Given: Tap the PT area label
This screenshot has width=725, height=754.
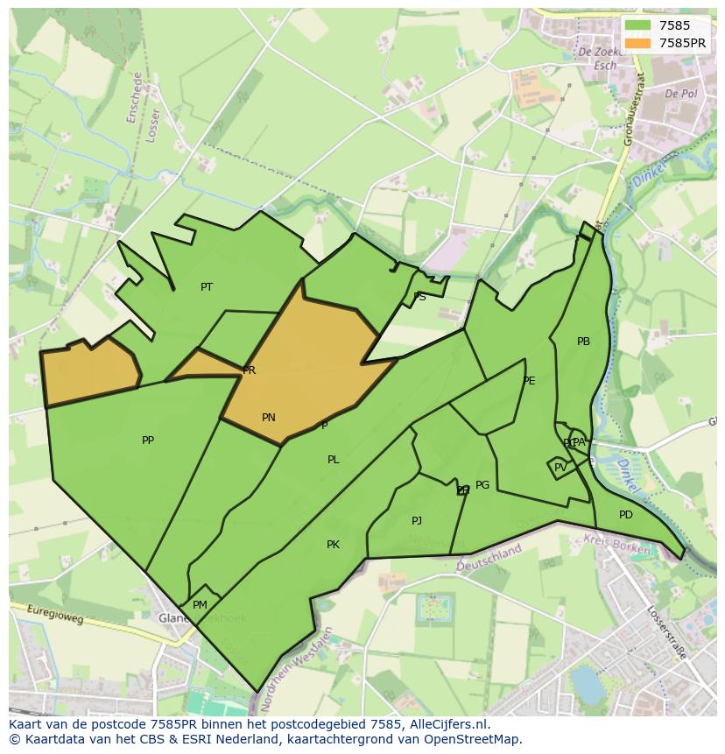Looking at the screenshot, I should point(207,287).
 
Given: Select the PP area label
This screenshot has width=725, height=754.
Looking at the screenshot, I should point(148,440).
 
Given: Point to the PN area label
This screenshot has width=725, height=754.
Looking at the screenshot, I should point(269,418).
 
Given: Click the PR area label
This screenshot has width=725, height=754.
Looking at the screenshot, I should point(250,370).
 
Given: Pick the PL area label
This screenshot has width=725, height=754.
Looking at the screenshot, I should point(333,460).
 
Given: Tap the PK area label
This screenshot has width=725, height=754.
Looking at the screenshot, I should point(333,545).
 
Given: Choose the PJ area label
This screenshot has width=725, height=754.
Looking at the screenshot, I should point(417,521).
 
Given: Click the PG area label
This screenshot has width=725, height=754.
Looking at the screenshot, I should point(482,485).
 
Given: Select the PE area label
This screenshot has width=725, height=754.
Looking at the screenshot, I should point(529,381).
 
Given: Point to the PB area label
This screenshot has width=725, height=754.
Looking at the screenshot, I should point(583,342).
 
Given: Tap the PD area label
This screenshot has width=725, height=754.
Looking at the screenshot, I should point(625,515).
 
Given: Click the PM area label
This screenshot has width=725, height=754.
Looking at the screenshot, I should point(200,605).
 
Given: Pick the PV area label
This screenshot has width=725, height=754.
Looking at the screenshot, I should point(560,468).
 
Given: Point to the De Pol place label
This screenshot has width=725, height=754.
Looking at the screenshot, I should point(679,93).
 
